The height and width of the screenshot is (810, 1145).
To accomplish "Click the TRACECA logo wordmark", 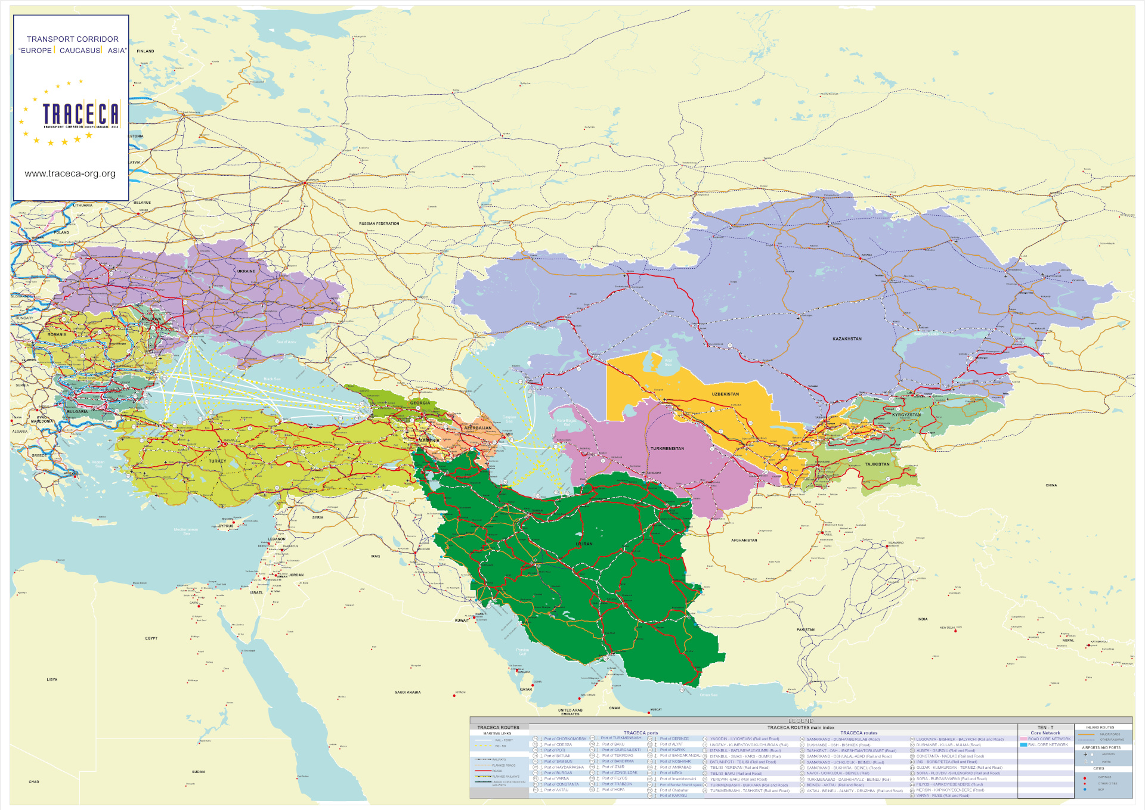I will [x=81, y=114].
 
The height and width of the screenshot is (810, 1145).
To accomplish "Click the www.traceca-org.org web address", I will [x=70, y=173].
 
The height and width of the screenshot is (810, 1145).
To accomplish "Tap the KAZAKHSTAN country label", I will [x=847, y=339].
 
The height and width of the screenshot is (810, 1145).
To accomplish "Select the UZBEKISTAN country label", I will [x=725, y=394].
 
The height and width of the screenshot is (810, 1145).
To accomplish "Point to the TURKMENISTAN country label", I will [x=667, y=448].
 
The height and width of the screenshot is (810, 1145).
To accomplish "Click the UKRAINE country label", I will [x=246, y=271].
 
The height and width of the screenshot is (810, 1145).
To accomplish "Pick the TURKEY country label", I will [x=217, y=461].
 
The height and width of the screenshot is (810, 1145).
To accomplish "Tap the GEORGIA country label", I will [x=420, y=403].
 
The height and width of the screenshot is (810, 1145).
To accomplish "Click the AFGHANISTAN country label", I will [x=744, y=541].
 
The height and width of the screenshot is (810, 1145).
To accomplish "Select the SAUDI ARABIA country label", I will [x=407, y=692].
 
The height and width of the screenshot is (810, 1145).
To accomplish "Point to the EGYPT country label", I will [x=151, y=638].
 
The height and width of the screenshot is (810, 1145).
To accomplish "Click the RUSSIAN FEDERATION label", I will [x=379, y=224].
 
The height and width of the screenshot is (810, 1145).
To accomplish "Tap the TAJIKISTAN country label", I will [x=877, y=464].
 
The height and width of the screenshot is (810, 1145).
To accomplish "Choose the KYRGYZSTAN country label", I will [x=906, y=415].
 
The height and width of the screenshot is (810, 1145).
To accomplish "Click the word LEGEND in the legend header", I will [x=801, y=721].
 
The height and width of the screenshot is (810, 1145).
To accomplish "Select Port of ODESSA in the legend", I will [x=558, y=744].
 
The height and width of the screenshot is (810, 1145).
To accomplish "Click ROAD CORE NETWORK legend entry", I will [x=1049, y=739].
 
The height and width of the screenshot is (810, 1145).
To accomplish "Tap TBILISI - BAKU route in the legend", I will [x=736, y=774].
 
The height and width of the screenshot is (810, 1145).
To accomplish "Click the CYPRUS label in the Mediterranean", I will [x=226, y=526].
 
